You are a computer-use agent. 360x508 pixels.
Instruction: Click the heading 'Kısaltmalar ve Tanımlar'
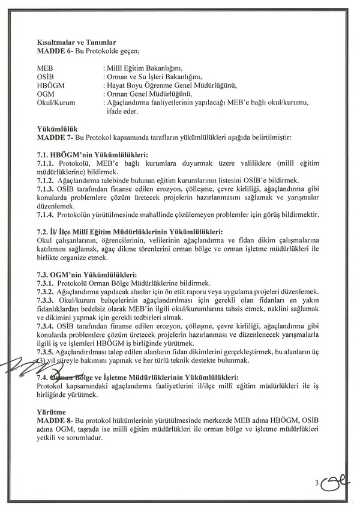coord(76,43)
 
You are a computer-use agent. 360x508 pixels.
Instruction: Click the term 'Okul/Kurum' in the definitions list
coord(56,103)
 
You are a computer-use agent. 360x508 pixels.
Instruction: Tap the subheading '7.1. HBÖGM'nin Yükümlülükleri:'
coord(92,154)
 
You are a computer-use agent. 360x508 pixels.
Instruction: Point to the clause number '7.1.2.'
coord(47,180)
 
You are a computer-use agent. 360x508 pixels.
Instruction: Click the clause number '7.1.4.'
coord(47,214)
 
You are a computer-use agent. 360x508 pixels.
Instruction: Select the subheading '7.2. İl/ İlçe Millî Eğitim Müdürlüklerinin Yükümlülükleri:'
coord(130,232)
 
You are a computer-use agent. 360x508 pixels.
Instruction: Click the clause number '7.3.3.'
coord(47,300)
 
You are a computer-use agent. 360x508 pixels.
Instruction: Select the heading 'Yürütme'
coord(51,414)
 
